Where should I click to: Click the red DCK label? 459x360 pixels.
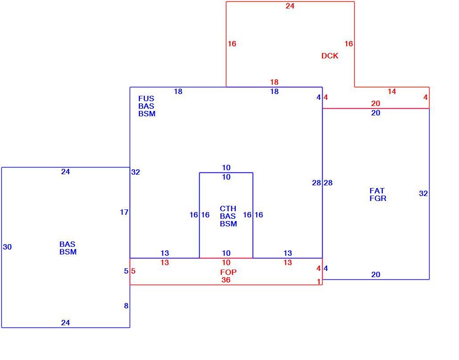(330, 56)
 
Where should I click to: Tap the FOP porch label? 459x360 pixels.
(228, 272)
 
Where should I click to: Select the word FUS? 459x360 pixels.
(146, 98)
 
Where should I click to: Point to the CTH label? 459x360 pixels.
(228, 209)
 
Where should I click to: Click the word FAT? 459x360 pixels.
(377, 191)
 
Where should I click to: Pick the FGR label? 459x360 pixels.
(378, 198)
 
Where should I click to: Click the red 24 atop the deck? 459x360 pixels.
(290, 6)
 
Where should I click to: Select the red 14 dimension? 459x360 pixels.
(392, 92)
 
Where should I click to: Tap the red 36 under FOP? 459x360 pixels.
(225, 280)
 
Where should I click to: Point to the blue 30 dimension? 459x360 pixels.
(7, 247)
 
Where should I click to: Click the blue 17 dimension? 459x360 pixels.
(124, 212)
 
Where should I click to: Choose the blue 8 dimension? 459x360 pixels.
(126, 306)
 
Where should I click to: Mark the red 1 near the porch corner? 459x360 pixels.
(319, 282)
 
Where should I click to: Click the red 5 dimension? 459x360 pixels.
(133, 271)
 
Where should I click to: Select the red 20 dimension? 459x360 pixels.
(376, 104)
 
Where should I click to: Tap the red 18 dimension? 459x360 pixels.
(275, 82)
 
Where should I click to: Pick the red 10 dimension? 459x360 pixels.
(226, 262)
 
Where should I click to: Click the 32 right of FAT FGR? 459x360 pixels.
(423, 193)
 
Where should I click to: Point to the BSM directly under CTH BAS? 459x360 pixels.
(228, 224)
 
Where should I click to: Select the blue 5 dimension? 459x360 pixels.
(126, 271)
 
